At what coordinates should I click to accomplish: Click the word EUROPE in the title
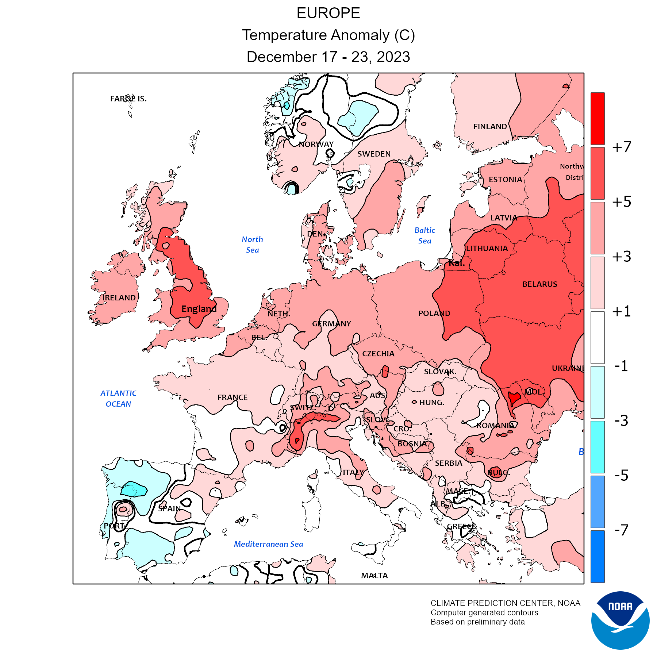328,14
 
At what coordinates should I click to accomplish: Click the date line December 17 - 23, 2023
328,57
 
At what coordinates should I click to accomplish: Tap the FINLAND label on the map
490,127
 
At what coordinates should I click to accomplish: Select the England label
199,309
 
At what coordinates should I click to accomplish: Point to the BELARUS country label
539,284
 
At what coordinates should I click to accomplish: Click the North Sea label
252,245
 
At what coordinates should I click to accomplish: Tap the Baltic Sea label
424,235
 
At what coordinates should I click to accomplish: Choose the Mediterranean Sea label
268,544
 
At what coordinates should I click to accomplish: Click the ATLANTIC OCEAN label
118,399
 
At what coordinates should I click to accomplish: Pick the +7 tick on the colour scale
622,147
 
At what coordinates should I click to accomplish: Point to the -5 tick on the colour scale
622,475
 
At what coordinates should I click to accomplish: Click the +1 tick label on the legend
622,311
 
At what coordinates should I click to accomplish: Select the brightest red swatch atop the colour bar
598,118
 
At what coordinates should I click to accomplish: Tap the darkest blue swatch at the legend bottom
598,556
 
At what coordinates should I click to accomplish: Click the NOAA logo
620,620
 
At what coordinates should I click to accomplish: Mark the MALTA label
374,576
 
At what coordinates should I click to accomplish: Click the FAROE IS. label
128,99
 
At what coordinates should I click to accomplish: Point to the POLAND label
434,314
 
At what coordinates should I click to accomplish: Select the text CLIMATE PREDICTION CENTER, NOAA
505,603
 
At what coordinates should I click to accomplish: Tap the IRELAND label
119,298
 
